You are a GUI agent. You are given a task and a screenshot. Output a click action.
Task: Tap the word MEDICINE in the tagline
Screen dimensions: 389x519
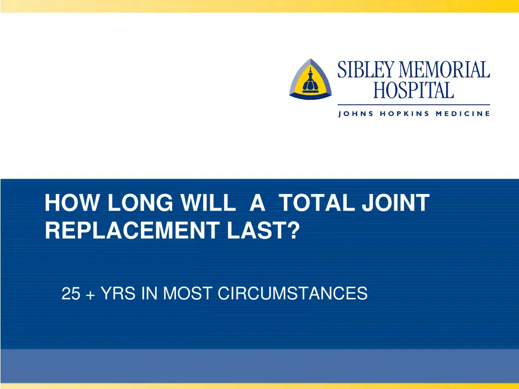[463, 114]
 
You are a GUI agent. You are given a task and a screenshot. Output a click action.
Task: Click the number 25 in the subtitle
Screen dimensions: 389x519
[70, 293]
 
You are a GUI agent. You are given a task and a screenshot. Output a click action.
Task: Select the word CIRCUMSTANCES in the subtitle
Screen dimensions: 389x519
[292, 293]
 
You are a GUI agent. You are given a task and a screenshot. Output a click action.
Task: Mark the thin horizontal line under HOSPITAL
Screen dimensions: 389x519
[414, 105]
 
